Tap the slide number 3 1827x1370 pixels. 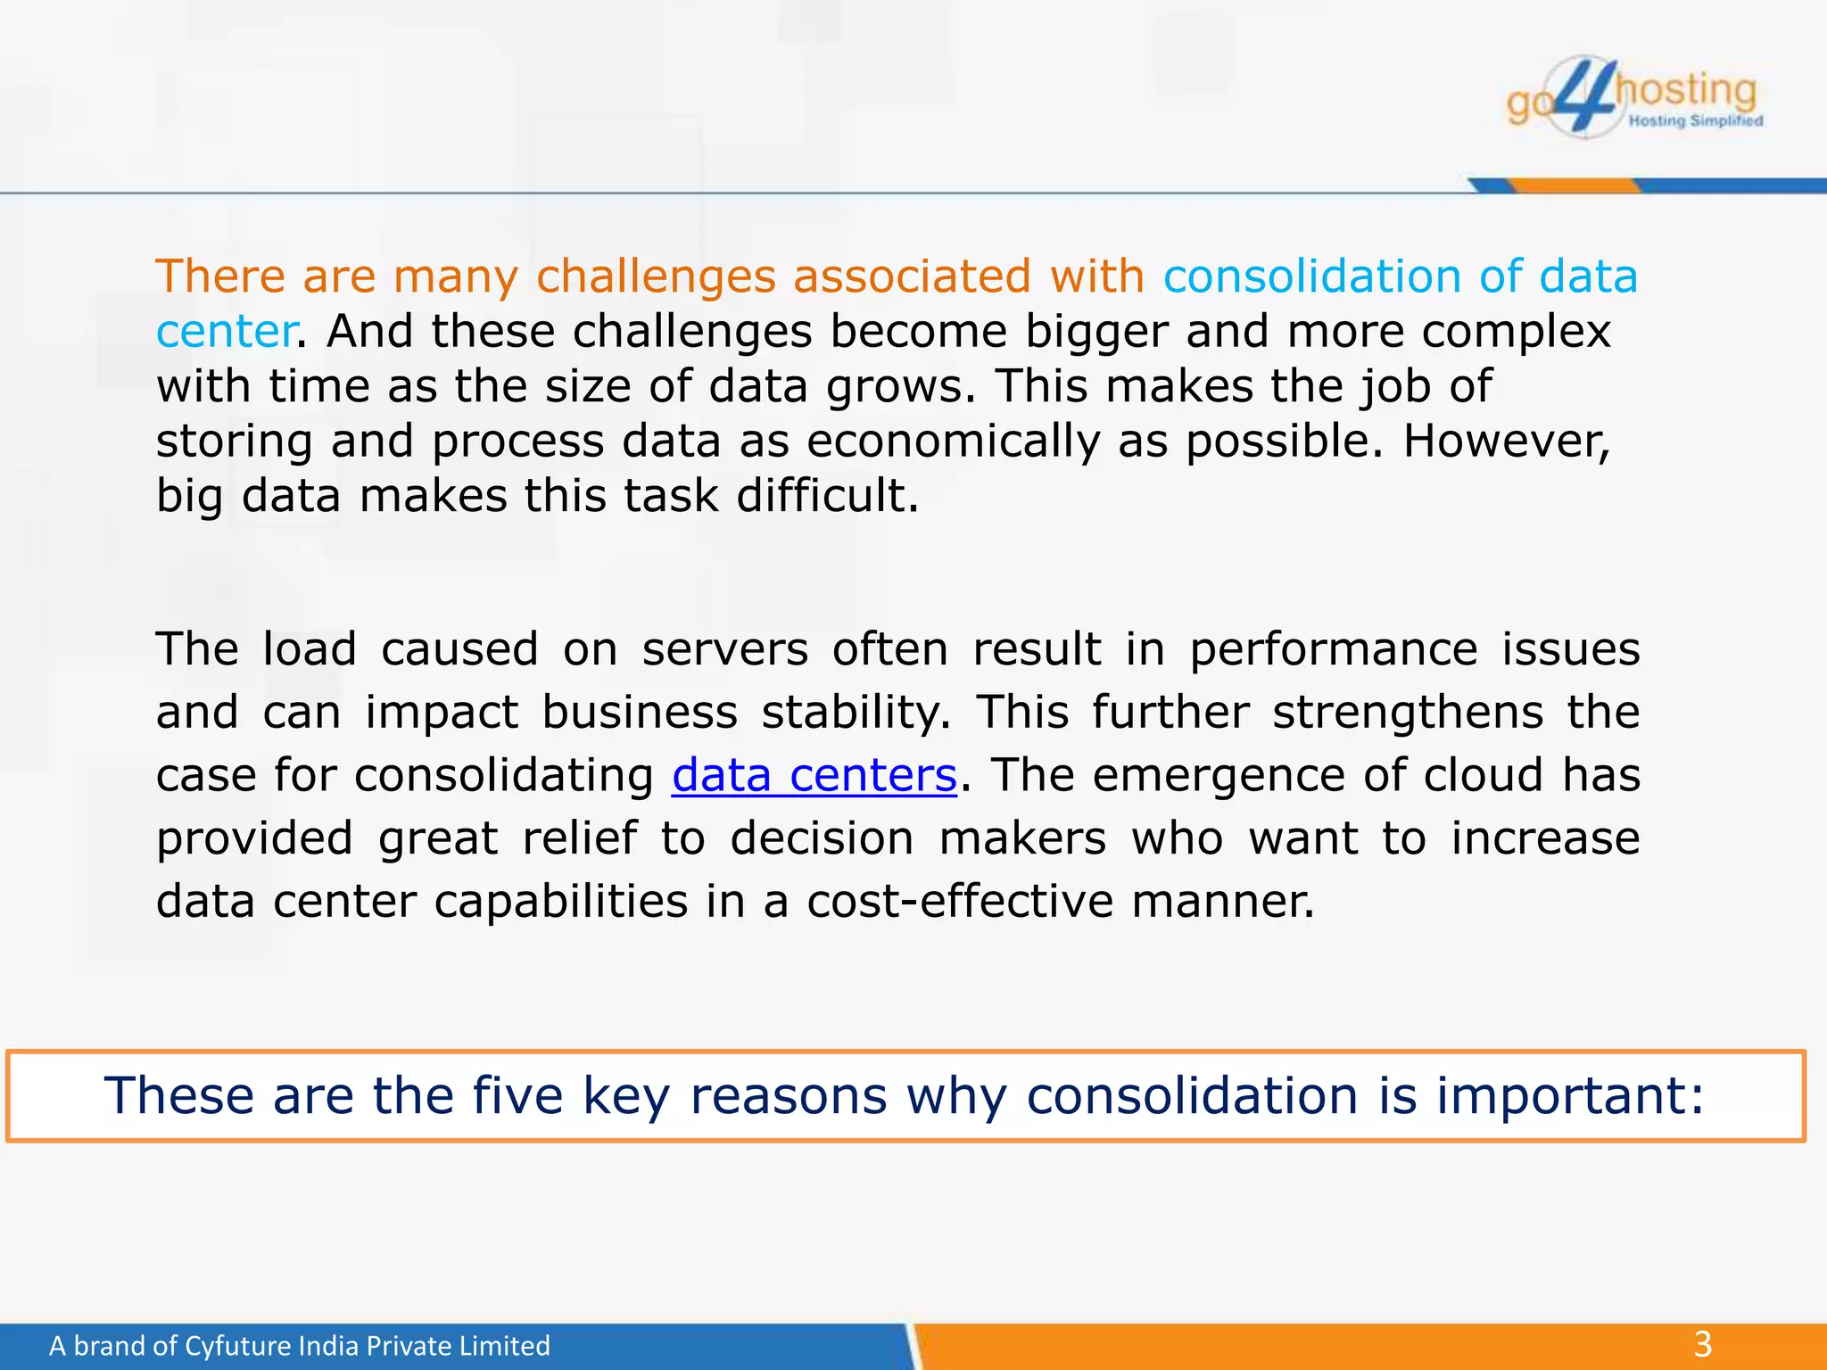1703,1343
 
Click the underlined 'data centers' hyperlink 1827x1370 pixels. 814,774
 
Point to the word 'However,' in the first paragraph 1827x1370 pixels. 1507,441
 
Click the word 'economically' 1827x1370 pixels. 954,441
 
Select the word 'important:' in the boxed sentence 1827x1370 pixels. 1570,1095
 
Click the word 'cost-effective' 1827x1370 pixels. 960,901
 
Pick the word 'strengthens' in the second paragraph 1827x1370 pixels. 1408,712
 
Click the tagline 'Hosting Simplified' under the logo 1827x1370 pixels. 1695,120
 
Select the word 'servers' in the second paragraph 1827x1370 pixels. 724,648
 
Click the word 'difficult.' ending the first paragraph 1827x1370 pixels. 827,496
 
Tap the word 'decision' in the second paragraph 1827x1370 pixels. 822,838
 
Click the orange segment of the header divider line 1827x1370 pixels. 1575,186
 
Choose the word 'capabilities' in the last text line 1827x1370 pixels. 561,901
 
